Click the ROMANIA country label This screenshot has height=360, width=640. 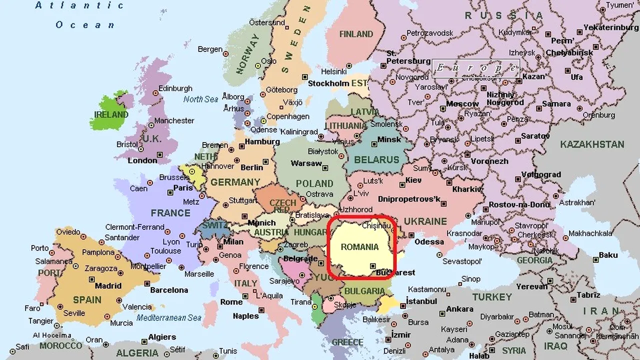359,247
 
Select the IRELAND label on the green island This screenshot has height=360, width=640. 111,114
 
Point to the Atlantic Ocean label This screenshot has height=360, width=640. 80,15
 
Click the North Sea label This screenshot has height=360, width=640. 200,99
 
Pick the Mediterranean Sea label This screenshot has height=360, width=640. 169,317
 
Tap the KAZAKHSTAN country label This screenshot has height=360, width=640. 592,144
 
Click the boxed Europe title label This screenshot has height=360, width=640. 475,67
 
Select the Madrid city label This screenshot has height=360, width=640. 108,286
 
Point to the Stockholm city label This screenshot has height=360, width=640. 328,83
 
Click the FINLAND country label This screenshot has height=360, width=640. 356,34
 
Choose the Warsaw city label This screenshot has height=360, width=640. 306,163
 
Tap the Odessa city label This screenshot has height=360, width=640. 429,241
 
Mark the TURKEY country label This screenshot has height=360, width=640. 492,297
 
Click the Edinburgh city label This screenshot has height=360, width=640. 175,88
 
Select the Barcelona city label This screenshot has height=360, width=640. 169,290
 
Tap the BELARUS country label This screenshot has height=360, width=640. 376,160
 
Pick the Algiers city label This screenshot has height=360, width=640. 162,337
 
